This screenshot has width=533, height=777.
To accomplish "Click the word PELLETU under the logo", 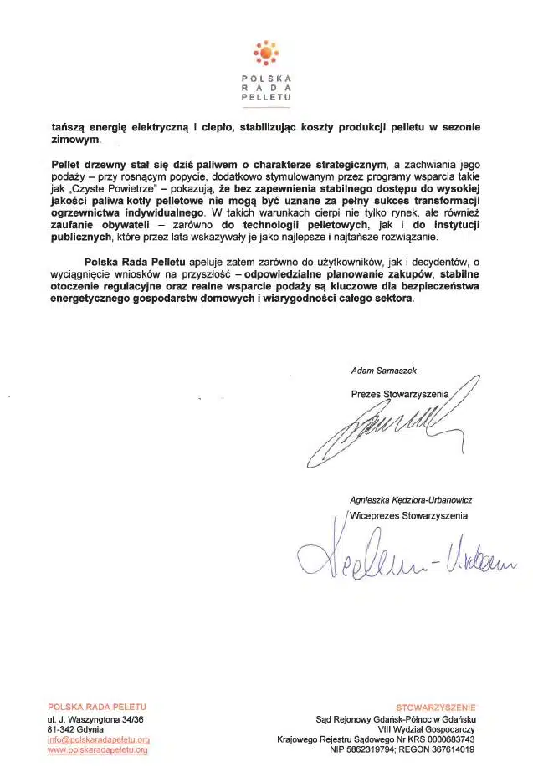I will pyautogui.click(x=266, y=98).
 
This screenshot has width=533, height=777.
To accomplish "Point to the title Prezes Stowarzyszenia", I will pyautogui.click(x=399, y=393).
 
